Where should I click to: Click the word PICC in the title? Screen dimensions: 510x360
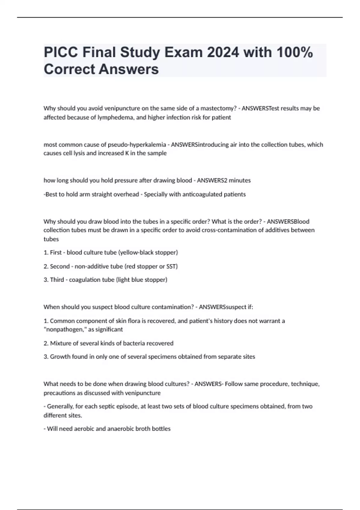pos(61,52)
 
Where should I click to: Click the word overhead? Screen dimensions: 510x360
pos(126,194)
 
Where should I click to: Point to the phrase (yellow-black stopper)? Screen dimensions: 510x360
pos(148,253)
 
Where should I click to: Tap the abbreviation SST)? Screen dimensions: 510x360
pos(172,266)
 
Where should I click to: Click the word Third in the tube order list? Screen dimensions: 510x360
pos(57,280)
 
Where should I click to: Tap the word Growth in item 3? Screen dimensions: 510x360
pos(60,357)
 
